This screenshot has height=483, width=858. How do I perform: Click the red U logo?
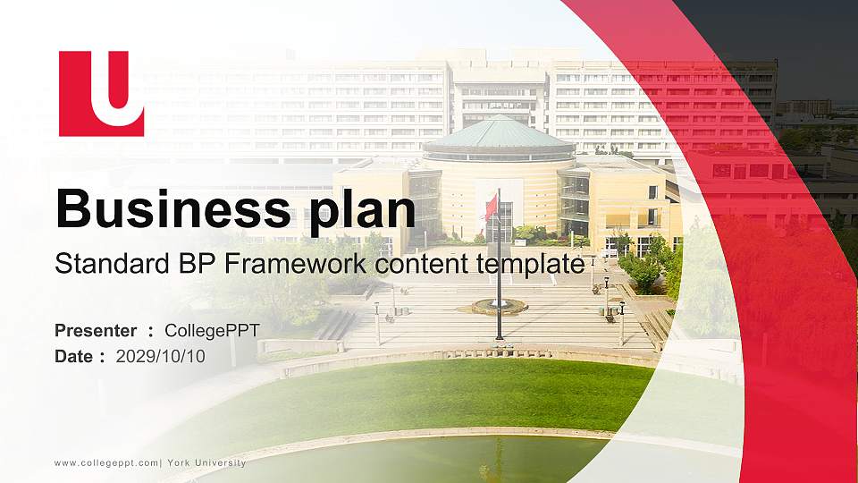coord(101,93)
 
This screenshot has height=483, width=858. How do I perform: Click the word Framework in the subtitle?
coord(278,264)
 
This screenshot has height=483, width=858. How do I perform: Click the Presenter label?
coord(96,331)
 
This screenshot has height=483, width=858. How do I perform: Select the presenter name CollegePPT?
coord(212,331)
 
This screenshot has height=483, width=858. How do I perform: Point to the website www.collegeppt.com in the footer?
coord(105,462)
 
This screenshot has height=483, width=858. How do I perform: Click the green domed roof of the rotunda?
coord(498,135)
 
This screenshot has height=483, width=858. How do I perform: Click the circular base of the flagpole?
coord(499,307)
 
